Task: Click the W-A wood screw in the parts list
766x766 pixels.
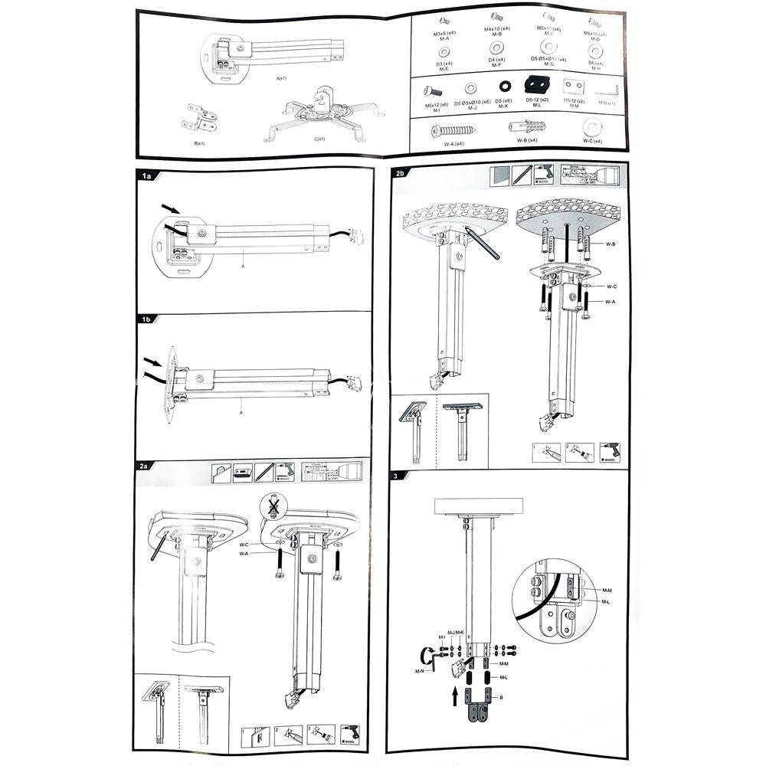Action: pos(453,130)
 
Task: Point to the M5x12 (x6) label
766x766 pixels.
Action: pos(437,104)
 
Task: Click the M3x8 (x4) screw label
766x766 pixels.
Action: pos(442,33)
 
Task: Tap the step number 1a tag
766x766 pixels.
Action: pos(147,176)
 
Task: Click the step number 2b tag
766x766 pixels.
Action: pos(401,173)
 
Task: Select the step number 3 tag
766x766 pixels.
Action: pos(395,476)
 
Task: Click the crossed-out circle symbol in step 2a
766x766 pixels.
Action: pos(273,505)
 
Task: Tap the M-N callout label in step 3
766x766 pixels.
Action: pos(420,671)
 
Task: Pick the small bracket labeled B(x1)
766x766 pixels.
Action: pos(199,117)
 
